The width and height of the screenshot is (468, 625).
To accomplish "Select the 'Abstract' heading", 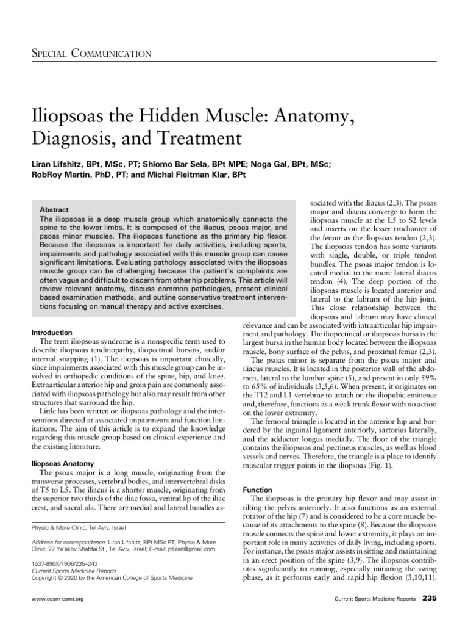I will pos(54,209).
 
